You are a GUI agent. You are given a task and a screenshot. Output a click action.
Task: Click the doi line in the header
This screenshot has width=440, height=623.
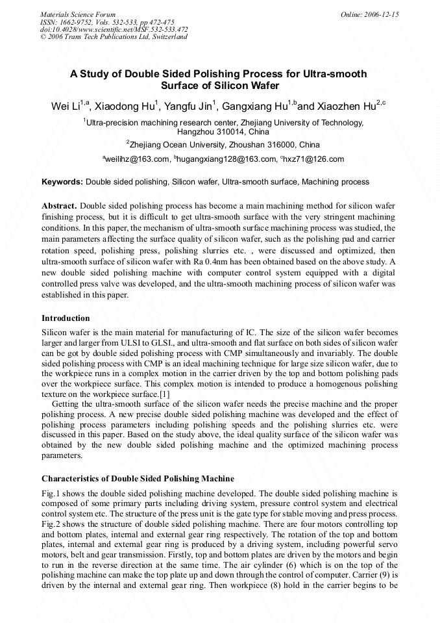[x=114, y=29]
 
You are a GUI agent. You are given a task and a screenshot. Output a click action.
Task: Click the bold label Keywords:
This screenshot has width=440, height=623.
[x=62, y=182]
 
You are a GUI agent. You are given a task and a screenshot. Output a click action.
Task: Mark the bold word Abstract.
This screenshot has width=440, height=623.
[x=60, y=205]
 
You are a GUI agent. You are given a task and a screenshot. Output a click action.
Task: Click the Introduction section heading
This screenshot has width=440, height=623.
[x=66, y=318]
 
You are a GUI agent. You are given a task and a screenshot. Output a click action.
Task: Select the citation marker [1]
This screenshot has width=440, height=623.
[x=165, y=394]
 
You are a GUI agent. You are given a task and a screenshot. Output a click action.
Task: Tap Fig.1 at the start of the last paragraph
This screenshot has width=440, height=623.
[x=51, y=493]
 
